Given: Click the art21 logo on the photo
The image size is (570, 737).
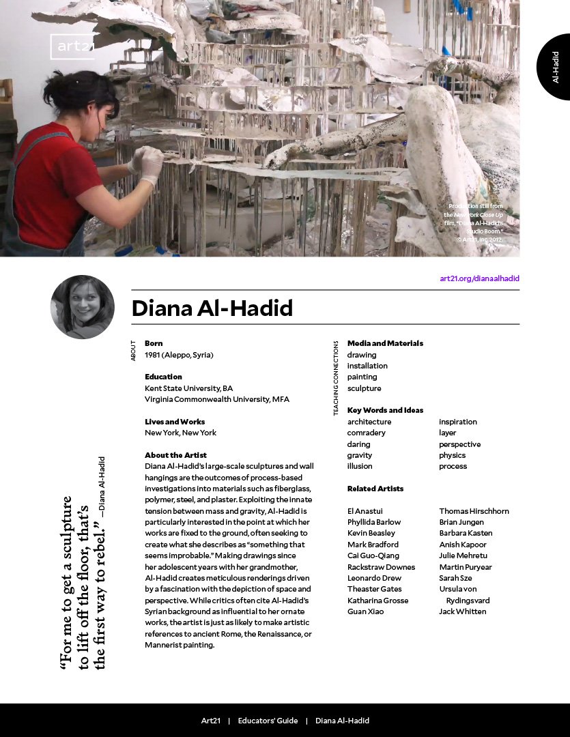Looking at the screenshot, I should click(x=72, y=47).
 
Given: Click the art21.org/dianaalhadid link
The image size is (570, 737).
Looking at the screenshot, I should click(x=479, y=278).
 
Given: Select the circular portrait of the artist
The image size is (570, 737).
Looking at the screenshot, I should click(x=83, y=307).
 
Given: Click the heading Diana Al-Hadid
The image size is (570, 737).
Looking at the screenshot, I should click(x=212, y=308).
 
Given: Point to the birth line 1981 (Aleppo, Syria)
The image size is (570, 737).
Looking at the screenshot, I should click(x=179, y=355).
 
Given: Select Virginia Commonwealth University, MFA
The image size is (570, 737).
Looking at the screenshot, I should click(x=217, y=399).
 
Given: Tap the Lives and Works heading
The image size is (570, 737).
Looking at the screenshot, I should click(x=175, y=422).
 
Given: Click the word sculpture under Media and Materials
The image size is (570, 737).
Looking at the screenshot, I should click(x=364, y=388).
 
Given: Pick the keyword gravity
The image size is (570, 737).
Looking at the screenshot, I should click(x=360, y=455).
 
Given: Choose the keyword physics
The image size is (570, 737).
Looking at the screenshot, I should click(x=452, y=455).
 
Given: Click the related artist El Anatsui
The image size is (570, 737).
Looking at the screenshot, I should click(x=365, y=511).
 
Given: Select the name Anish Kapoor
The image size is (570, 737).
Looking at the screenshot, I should click(x=463, y=545).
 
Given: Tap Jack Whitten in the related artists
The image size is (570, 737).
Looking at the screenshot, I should click(x=462, y=611).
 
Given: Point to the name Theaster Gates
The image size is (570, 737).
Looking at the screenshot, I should click(x=374, y=589).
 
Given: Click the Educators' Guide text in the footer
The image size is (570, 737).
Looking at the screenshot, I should click(x=268, y=721).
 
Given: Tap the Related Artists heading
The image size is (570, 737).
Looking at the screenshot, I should click(x=375, y=489).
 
